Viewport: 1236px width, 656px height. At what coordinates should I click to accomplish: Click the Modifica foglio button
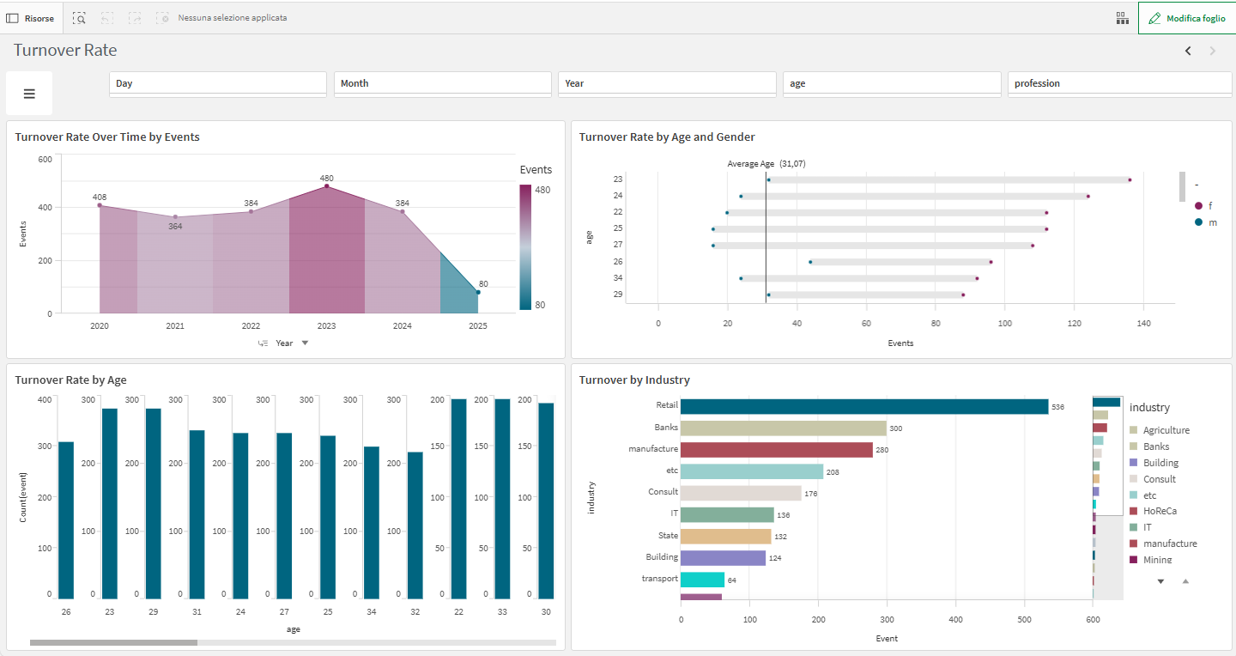point(1186,18)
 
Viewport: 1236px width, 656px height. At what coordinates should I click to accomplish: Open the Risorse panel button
point(31,18)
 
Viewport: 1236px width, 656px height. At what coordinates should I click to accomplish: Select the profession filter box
point(1118,83)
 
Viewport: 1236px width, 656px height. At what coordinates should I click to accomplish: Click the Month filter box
point(442,83)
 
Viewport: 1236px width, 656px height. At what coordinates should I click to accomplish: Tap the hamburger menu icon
point(29,94)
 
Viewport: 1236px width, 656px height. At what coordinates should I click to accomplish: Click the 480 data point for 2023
point(326,186)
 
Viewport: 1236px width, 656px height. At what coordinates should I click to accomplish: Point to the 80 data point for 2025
point(478,293)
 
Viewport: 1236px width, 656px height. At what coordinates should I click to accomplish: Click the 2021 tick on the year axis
point(175,326)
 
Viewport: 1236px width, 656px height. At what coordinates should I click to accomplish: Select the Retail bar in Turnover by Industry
point(863,406)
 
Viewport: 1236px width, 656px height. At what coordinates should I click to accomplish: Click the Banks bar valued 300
point(783,428)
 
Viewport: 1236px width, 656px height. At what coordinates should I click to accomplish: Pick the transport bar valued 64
point(702,580)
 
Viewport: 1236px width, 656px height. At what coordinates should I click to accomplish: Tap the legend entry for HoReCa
point(1160,511)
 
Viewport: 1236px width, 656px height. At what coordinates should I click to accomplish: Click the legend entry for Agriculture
point(1166,430)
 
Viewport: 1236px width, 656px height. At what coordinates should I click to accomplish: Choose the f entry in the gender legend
point(1209,205)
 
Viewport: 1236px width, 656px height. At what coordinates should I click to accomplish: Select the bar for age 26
point(66,519)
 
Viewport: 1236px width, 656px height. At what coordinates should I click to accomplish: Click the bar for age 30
point(546,501)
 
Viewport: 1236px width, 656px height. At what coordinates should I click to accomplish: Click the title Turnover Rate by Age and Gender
point(667,137)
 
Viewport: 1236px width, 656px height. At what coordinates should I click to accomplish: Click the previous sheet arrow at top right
point(1188,51)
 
